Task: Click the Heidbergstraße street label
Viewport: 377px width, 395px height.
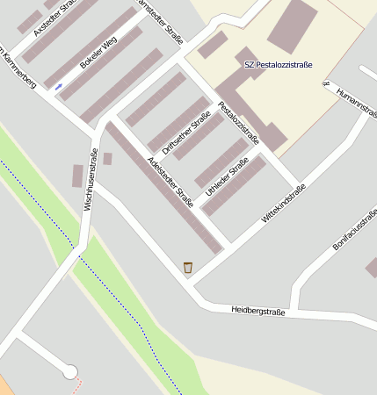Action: click(258, 311)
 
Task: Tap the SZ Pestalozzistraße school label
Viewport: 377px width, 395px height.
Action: click(278, 65)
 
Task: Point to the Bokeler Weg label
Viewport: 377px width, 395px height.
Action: click(98, 53)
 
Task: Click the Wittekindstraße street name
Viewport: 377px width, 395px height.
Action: click(283, 205)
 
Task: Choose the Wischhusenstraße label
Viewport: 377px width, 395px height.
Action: click(91, 180)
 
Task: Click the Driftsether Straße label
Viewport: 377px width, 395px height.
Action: click(185, 133)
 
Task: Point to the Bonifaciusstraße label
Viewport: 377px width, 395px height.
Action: click(354, 230)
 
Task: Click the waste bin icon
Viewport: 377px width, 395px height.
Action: click(187, 267)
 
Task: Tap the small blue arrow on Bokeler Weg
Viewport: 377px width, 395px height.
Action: click(59, 86)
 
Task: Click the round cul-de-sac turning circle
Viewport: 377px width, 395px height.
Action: click(69, 372)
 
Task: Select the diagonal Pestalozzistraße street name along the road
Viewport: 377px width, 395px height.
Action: click(238, 122)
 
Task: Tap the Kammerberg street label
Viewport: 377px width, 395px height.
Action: click(18, 62)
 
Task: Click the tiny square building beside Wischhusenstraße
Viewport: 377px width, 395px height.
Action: click(107, 159)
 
